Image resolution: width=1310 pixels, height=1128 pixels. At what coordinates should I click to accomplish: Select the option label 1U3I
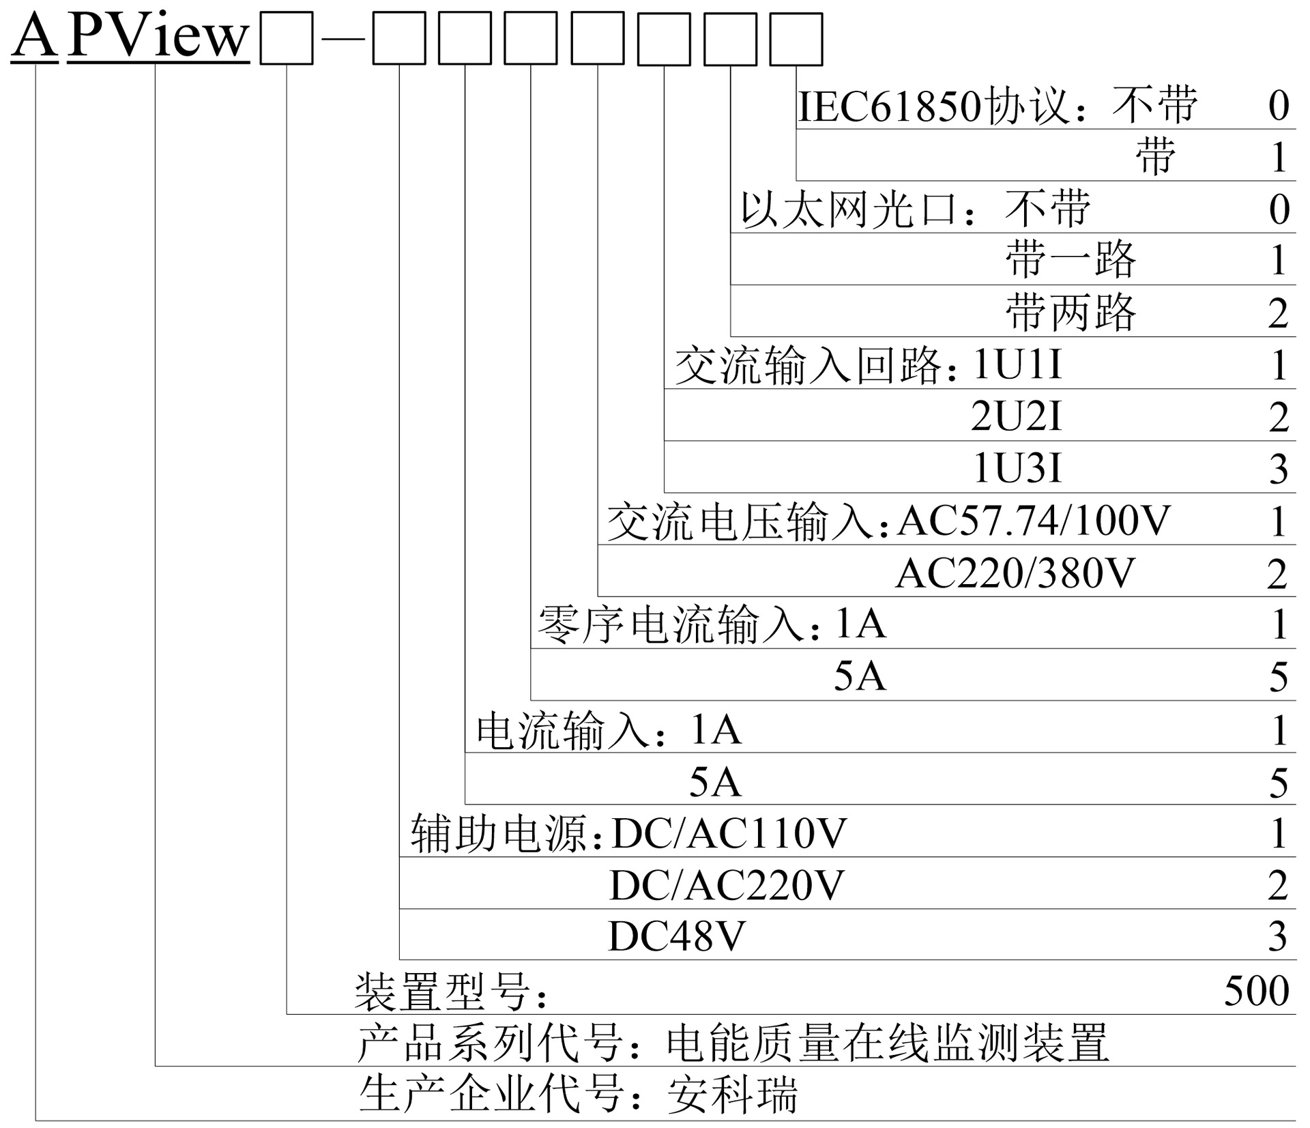pos(1017,469)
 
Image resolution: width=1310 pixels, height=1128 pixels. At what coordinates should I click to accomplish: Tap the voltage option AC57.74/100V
pos(1033,521)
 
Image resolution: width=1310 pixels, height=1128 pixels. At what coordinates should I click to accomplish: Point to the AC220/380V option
pos(1015,573)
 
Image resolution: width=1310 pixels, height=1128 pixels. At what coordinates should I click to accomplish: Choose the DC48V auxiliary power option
pos(676,936)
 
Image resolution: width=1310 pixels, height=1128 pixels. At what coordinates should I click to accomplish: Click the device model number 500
pos(1256,991)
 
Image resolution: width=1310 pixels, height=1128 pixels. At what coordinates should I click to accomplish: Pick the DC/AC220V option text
pos(727,885)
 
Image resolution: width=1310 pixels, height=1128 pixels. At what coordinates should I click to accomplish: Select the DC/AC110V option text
pos(729,833)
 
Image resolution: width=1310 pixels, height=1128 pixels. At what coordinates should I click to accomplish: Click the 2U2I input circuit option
pos(1017,416)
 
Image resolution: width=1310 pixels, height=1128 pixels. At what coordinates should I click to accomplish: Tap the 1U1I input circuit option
pos(1017,364)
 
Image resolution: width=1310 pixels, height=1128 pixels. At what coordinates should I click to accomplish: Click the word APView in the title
pos(158,35)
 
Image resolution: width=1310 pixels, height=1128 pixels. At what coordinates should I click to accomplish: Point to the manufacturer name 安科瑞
pos(732,1095)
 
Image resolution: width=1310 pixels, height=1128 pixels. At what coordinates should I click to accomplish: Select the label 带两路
pos(1071,313)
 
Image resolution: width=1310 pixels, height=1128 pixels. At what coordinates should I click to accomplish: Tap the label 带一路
pos(1071,260)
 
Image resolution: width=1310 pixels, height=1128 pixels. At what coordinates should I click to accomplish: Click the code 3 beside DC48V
pos(1278,936)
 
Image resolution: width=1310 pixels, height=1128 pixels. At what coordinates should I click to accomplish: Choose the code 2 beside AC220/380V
pos(1278,574)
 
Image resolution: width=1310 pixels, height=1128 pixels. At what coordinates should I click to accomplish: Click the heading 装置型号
pos(443,992)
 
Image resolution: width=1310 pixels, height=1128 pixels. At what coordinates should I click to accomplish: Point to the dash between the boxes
pos(343,40)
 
